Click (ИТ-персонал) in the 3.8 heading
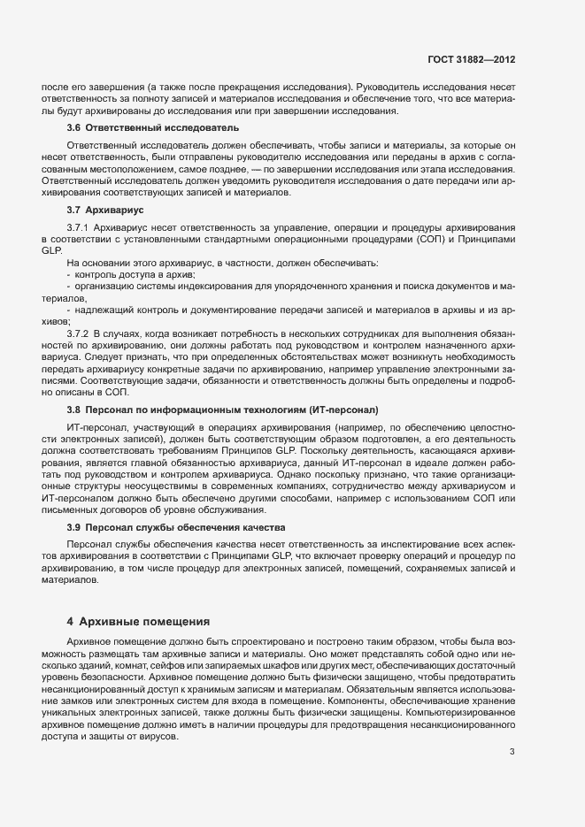point(343,410)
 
